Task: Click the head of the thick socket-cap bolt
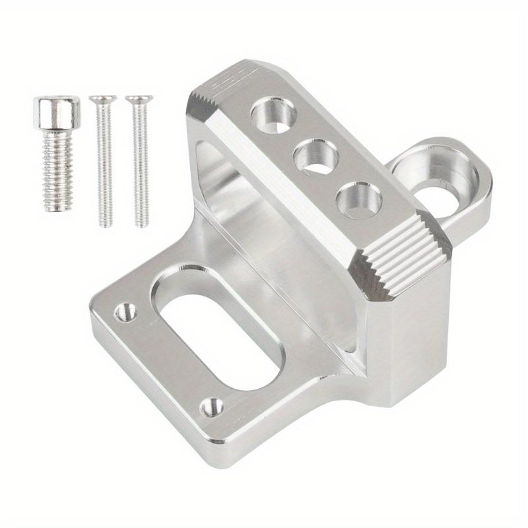(x=57, y=112)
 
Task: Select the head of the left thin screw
(x=102, y=100)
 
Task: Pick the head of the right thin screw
(x=139, y=100)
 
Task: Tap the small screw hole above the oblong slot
(x=125, y=312)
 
